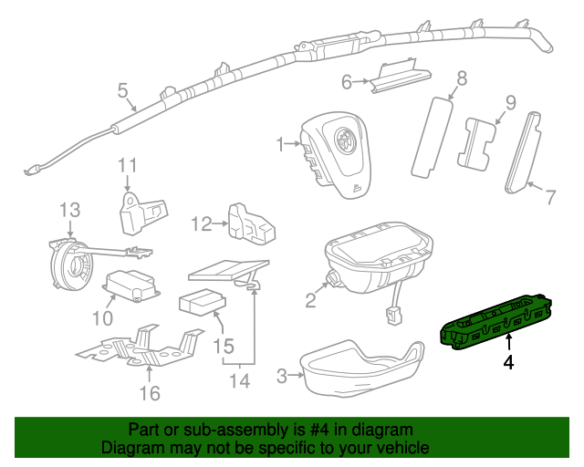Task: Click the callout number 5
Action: tap(122, 89)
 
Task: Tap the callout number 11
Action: tap(127, 165)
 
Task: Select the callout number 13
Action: tap(70, 210)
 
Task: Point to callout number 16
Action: tap(149, 393)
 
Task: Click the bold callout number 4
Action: tap(508, 362)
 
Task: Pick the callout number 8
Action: tap(462, 78)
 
